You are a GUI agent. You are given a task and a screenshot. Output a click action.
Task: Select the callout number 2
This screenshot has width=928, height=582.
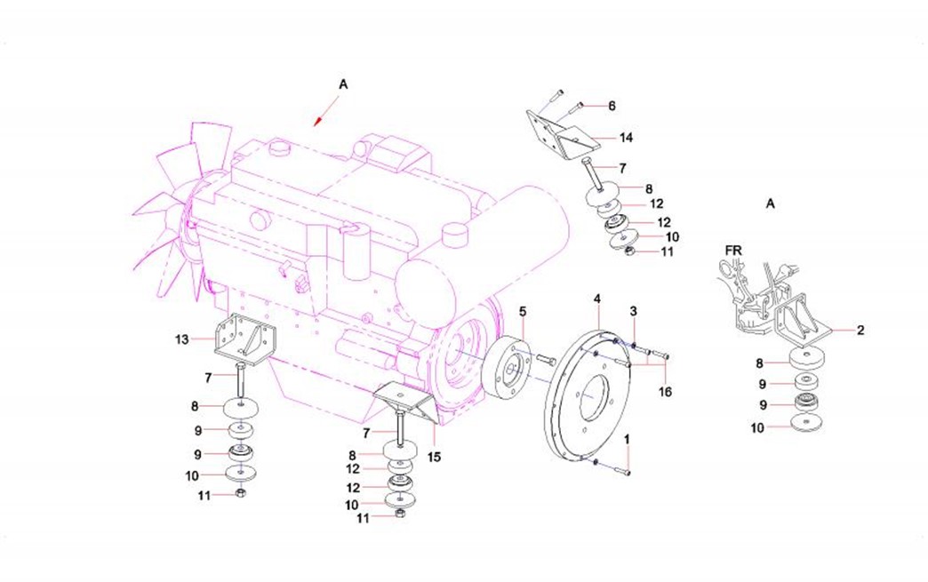click(x=860, y=331)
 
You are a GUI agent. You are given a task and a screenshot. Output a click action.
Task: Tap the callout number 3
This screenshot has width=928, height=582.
click(x=633, y=310)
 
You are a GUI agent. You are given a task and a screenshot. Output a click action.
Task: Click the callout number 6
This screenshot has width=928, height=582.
click(x=612, y=106)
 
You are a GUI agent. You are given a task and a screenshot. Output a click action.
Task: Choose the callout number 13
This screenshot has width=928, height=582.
click(x=182, y=339)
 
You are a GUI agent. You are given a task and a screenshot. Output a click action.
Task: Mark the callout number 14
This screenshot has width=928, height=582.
click(x=627, y=138)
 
